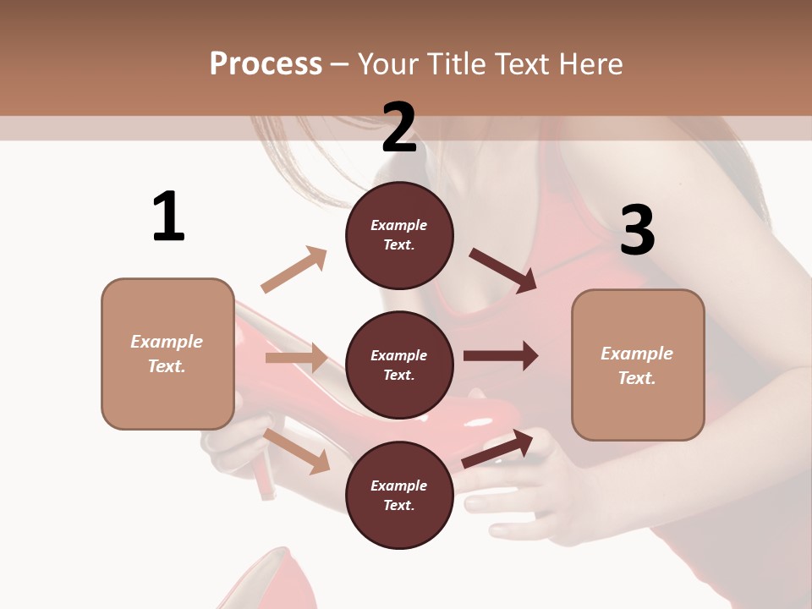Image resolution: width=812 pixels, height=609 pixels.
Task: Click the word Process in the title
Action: (266, 63)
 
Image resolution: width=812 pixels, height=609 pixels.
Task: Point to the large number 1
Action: (168, 217)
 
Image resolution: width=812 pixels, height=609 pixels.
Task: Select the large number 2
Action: (399, 129)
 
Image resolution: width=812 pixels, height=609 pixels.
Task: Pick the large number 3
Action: (637, 230)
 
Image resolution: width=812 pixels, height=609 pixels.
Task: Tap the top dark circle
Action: (399, 235)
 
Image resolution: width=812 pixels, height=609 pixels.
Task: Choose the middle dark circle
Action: (399, 365)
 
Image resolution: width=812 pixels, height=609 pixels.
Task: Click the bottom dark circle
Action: (399, 496)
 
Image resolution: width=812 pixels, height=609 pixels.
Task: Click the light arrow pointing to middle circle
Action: (296, 358)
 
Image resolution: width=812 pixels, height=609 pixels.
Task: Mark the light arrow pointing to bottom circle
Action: (297, 450)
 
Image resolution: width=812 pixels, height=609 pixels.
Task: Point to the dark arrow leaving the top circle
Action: (502, 270)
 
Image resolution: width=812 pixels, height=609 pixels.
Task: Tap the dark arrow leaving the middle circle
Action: (500, 355)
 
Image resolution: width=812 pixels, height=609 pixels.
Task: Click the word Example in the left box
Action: (167, 342)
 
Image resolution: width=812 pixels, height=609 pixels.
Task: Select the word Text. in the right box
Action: (637, 378)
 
